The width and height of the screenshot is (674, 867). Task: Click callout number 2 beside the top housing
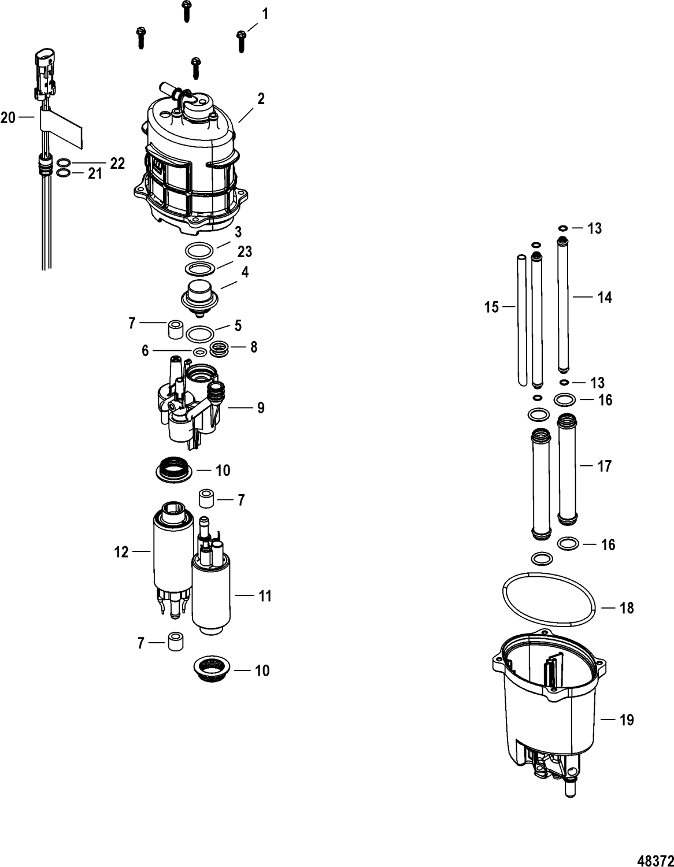[x=261, y=99]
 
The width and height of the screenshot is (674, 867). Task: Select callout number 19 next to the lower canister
[x=626, y=720]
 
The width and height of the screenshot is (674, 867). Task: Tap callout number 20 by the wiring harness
[x=9, y=118]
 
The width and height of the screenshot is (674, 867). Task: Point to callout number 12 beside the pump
[x=121, y=552]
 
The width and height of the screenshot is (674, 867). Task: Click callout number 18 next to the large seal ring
[x=626, y=608]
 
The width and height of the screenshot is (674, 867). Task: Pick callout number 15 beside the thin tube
[x=491, y=307]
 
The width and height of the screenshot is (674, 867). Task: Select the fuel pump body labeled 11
[x=212, y=595]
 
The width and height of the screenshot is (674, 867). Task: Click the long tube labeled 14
[x=561, y=306]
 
